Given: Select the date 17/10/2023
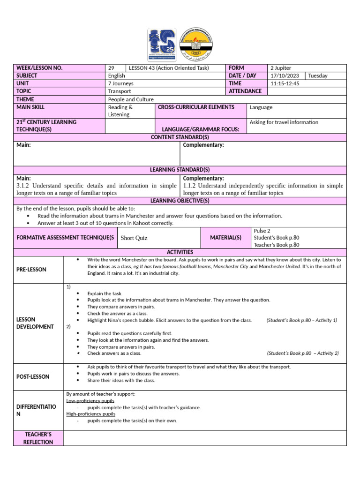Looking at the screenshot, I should click(x=285, y=75).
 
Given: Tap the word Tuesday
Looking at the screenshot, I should click(x=318, y=75).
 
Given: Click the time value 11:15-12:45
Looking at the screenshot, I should click(x=285, y=83).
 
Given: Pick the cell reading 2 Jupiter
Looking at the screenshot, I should click(x=281, y=68).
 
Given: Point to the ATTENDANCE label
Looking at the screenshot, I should click(x=245, y=91).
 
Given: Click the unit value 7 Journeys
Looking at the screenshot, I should click(x=121, y=83).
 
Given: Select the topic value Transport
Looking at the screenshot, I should click(x=120, y=91).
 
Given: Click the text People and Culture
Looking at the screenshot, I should click(x=131, y=99).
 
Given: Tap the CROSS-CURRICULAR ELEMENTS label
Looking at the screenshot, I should click(x=196, y=107).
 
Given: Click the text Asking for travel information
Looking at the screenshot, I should click(x=284, y=122).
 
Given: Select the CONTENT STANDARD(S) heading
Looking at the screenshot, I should click(x=180, y=137).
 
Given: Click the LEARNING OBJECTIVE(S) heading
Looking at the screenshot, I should click(x=180, y=201).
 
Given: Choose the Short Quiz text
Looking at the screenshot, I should click(x=134, y=238).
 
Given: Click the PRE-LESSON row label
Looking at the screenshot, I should click(x=31, y=270).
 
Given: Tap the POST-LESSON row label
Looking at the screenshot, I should click(x=33, y=377).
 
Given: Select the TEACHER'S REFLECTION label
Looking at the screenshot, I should click(x=38, y=438).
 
